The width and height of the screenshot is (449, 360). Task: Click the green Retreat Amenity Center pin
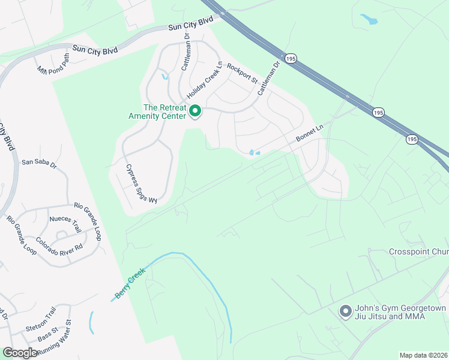pos(194,111)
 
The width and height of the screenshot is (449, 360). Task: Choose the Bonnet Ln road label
pos(309,134)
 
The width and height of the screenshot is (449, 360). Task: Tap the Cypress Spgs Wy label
pos(140,184)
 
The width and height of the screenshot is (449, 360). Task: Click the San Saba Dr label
pos(38,162)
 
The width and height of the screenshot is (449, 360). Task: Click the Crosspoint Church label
pos(418,251)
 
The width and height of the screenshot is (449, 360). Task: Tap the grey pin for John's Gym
pos(345,311)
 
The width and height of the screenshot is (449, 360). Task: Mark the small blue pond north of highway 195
pos(369,19)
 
